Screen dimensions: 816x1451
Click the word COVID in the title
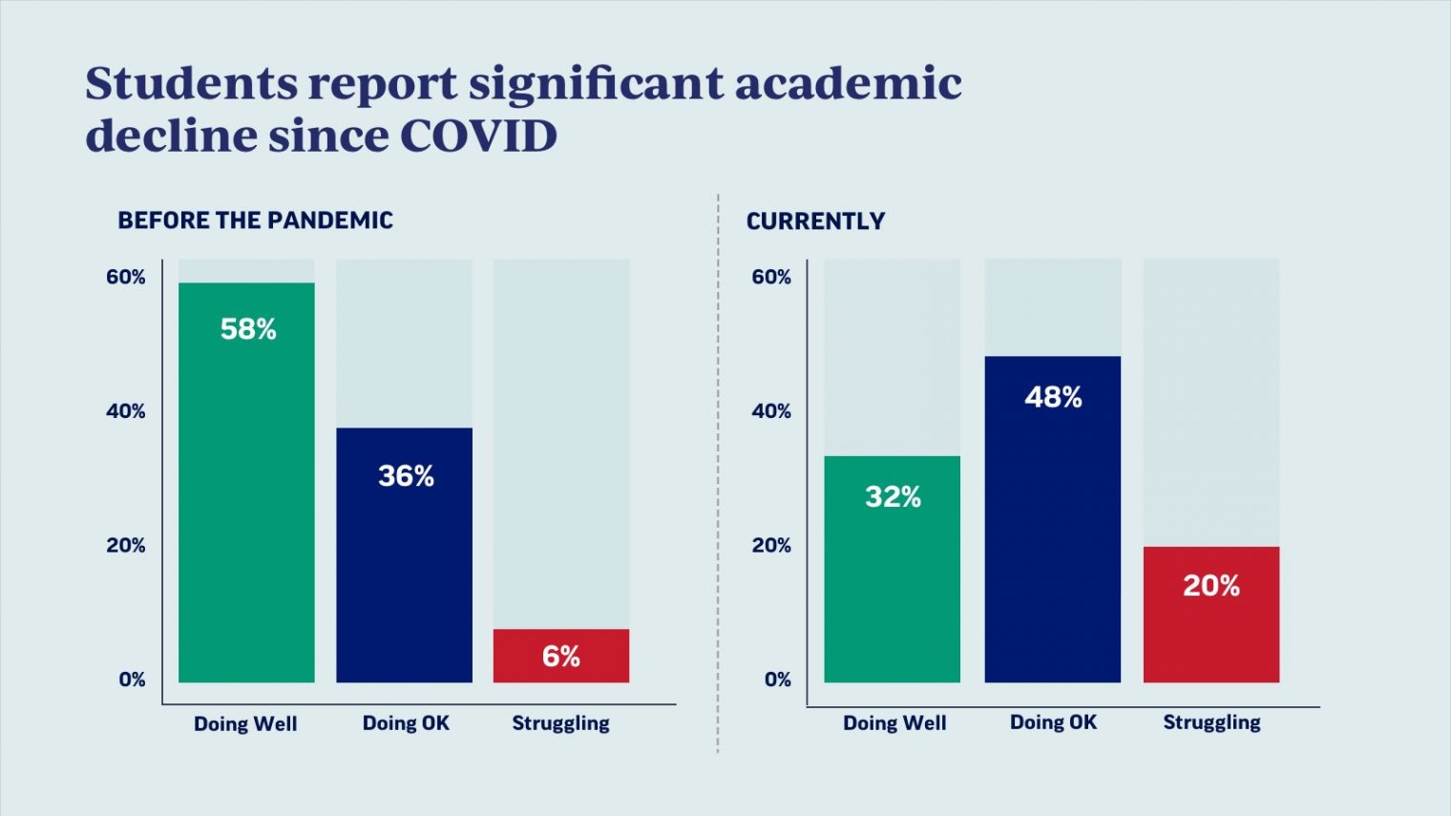pyautogui.click(x=478, y=136)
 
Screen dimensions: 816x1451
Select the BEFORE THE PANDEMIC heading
pyautogui.click(x=255, y=220)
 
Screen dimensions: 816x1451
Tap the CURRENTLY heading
pyautogui.click(x=815, y=221)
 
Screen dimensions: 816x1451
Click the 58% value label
pyautogui.click(x=248, y=329)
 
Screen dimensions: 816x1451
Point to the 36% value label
pyautogui.click(x=406, y=476)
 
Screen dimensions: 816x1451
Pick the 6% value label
pyautogui.click(x=561, y=657)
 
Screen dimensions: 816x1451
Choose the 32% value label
pyautogui.click(x=893, y=497)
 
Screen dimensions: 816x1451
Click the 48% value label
pyautogui.click(x=1053, y=397)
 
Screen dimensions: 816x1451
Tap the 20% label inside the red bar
pyautogui.click(x=1211, y=586)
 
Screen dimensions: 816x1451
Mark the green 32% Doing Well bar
pyautogui.click(x=893, y=592)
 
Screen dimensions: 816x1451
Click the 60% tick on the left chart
pyautogui.click(x=126, y=277)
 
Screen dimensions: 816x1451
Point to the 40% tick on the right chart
pyautogui.click(x=771, y=411)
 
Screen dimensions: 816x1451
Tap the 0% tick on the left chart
pyautogui.click(x=132, y=680)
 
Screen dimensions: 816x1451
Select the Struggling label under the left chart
pyautogui.click(x=560, y=723)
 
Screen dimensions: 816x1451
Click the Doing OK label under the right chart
pyautogui.click(x=1053, y=722)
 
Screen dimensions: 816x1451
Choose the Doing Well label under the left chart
pyautogui.click(x=245, y=723)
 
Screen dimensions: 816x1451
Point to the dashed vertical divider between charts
pyautogui.click(x=718, y=477)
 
